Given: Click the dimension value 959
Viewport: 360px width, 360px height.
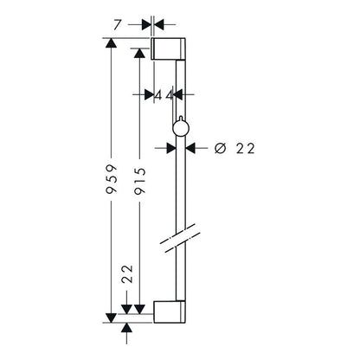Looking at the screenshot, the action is tap(111, 179).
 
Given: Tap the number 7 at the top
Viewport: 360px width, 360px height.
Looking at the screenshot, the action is tap(117, 24).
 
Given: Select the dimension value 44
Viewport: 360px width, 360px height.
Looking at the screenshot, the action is tap(164, 95).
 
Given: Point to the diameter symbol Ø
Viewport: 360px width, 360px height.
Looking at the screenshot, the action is tap(220, 149).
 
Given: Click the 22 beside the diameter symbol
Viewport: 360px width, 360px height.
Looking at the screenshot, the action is tap(246, 149).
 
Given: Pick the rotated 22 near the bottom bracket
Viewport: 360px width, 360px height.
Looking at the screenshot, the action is tap(127, 273).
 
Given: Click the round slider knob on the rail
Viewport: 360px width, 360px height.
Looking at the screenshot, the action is tap(181, 127).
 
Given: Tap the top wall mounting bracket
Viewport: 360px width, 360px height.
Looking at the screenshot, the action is tap(168, 48).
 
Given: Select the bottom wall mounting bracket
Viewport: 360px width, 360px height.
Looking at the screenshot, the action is tap(170, 312).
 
